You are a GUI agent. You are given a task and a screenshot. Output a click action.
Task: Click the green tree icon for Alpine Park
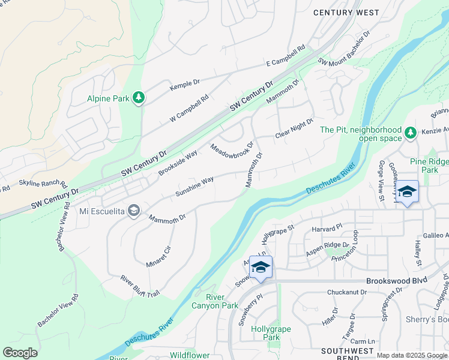[139, 97]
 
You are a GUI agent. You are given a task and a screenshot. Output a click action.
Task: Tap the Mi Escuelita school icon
[134, 211]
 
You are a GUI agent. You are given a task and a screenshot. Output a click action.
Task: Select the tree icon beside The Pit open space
[411, 133]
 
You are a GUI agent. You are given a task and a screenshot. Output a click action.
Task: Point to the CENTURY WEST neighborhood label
[346, 13]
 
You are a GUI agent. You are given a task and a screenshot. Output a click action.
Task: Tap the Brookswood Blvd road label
[394, 281]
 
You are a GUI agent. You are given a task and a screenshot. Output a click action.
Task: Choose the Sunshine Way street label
[194, 187]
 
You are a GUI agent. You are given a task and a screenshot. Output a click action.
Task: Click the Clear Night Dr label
[294, 128]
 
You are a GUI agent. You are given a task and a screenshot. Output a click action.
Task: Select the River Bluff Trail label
[140, 286]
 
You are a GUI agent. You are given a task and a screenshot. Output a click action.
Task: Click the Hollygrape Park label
[266, 333]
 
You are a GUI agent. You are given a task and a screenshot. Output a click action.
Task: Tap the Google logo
[20, 353]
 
